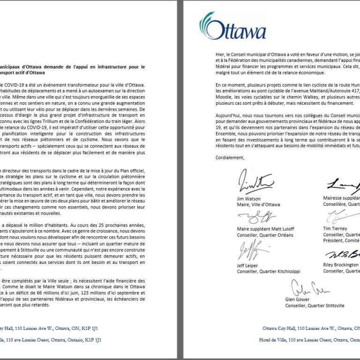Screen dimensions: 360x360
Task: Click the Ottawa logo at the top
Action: pyautogui.click(x=233, y=27)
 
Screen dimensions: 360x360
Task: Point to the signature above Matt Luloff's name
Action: pyautogui.click(x=257, y=217)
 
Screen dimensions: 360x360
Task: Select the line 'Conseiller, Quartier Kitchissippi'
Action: pyautogui.click(x=269, y=271)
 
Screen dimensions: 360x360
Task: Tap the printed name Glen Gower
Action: pyautogui.click(x=297, y=300)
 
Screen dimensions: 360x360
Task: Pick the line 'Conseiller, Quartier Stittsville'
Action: pyautogui.click(x=315, y=306)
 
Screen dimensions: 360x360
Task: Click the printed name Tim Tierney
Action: pyautogui.click(x=335, y=229)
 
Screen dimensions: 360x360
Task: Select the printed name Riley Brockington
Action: pyautogui.click(x=341, y=265)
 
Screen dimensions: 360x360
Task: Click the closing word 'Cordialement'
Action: pyautogui.click(x=230, y=157)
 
